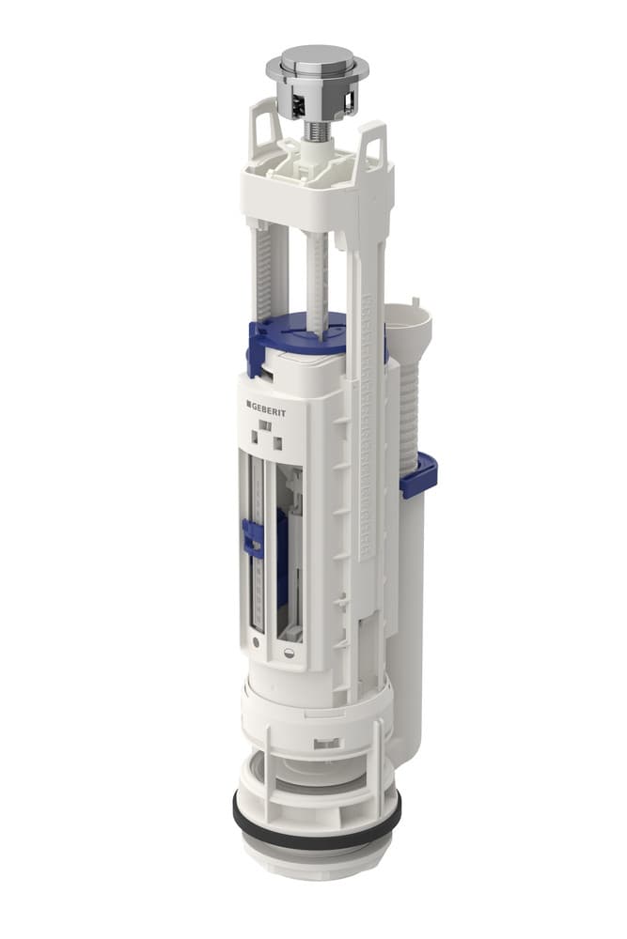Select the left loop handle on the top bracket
(x=265, y=130)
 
